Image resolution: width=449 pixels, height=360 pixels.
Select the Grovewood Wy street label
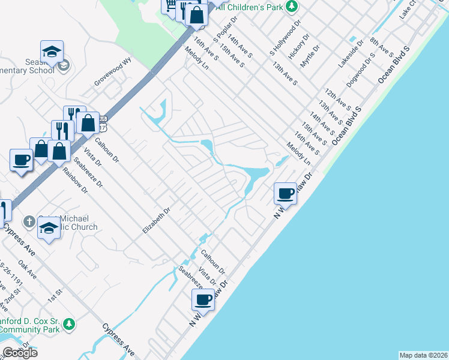[x=112, y=71]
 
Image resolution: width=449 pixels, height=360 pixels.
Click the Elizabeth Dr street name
[x=157, y=220]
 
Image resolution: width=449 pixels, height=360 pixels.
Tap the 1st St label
[x=55, y=295]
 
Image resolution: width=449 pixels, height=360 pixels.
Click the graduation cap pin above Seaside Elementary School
[x=52, y=52]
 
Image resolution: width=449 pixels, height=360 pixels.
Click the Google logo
[x=20, y=352]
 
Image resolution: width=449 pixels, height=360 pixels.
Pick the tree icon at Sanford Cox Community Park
[x=70, y=324]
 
